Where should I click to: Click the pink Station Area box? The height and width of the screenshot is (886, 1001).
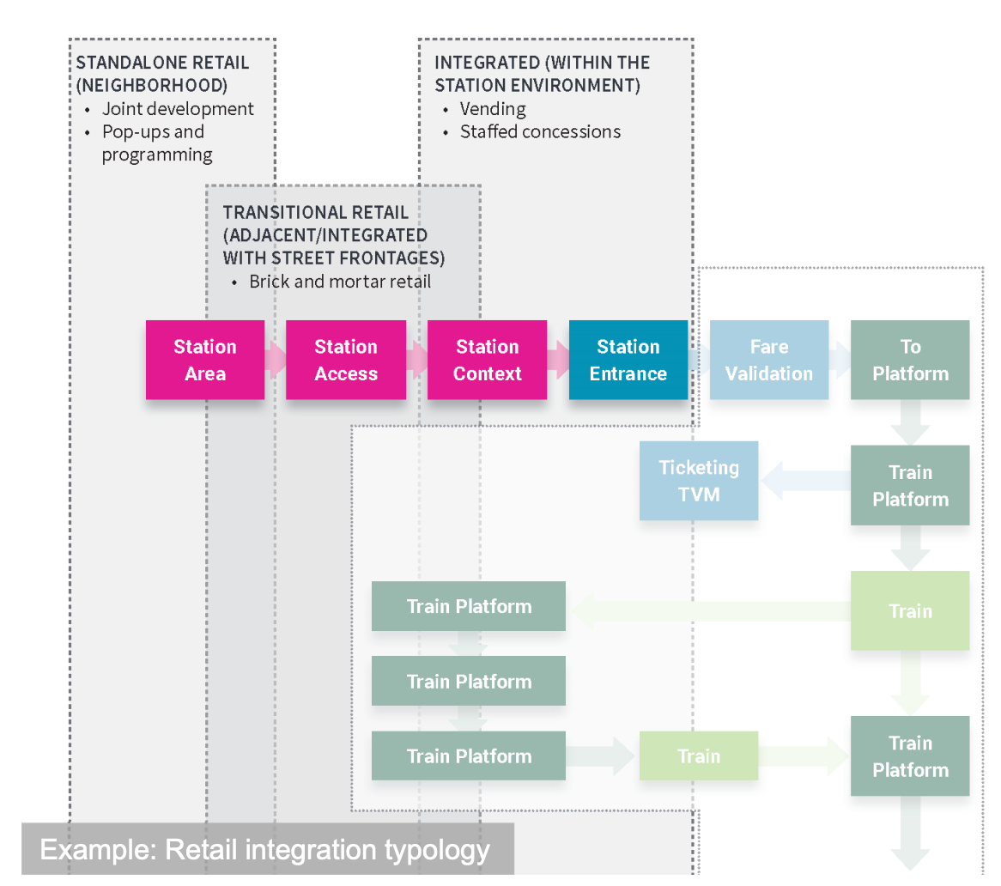click(x=205, y=360)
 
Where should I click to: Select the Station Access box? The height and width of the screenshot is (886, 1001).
click(x=345, y=360)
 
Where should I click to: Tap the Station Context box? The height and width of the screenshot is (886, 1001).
click(x=487, y=360)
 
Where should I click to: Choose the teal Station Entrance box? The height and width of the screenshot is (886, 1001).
click(x=628, y=360)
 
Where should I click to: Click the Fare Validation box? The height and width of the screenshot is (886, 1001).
click(x=768, y=360)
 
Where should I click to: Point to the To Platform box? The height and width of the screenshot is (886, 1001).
click(x=909, y=360)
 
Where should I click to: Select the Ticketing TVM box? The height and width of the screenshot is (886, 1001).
click(x=698, y=481)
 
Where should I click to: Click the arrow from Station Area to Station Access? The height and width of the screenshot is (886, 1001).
click(x=276, y=361)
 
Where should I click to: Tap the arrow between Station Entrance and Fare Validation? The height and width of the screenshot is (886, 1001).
click(x=699, y=361)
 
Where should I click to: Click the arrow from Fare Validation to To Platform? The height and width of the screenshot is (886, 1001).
click(x=840, y=361)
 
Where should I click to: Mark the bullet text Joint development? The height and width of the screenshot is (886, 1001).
click(x=178, y=109)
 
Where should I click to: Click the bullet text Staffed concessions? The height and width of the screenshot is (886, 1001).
click(x=540, y=132)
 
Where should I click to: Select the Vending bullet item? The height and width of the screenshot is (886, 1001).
click(x=493, y=109)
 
